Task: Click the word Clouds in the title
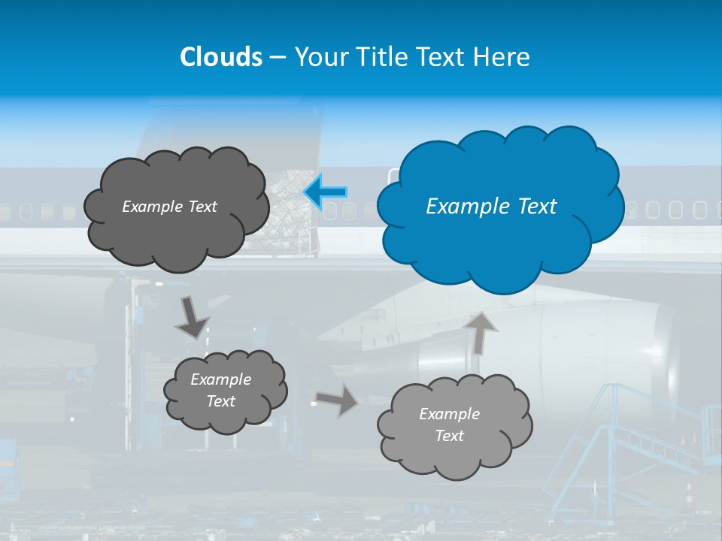220,57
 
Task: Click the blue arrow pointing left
326,193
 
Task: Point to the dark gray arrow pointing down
192,317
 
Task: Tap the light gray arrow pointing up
481,332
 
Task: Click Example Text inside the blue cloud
491,207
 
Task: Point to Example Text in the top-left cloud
169,207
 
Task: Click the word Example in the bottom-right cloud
449,414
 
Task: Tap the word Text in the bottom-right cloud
450,436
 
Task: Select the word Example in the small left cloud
220,379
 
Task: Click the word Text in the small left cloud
221,401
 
